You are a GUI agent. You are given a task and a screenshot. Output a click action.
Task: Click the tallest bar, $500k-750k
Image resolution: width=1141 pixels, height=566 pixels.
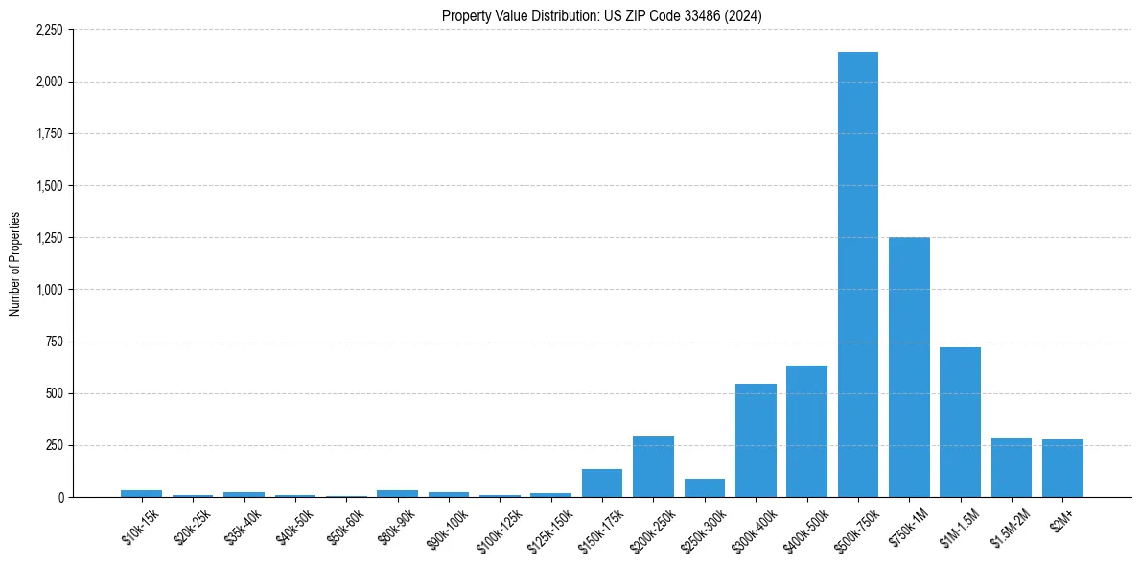[x=857, y=274]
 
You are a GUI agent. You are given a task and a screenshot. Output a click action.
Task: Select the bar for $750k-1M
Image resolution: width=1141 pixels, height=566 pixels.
[x=909, y=366]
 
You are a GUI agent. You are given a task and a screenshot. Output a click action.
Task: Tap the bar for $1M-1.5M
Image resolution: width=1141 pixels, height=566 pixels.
[x=960, y=422]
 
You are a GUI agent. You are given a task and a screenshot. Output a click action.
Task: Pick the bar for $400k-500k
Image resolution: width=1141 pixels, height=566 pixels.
[x=806, y=432]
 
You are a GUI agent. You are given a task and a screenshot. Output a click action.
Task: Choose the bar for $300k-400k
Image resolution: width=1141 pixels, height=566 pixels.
[x=756, y=440]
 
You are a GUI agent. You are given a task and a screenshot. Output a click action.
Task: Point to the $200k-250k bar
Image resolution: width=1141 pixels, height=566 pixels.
[x=653, y=467]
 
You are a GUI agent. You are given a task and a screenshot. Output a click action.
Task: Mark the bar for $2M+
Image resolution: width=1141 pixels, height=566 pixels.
[x=1062, y=468]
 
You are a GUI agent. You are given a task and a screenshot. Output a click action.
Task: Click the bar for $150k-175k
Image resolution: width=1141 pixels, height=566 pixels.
[x=602, y=483]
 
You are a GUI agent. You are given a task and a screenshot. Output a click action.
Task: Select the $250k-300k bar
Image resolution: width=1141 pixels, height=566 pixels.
[x=705, y=487]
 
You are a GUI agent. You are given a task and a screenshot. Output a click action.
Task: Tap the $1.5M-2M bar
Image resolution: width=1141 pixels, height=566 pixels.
[x=1011, y=468]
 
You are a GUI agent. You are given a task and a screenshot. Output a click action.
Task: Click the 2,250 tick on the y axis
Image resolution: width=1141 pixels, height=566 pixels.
[x=49, y=30]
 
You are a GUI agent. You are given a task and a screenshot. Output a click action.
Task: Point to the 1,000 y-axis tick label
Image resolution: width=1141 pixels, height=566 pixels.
[x=49, y=290]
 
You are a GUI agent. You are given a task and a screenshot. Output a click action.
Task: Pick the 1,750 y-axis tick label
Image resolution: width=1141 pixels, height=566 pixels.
[x=49, y=133]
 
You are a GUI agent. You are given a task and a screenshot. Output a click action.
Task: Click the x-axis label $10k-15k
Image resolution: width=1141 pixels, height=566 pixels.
[x=140, y=527]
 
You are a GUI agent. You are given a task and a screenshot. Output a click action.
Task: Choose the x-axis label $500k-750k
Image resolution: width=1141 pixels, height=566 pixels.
[x=856, y=530]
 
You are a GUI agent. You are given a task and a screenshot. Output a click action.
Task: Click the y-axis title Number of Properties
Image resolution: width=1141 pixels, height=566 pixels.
[x=14, y=264]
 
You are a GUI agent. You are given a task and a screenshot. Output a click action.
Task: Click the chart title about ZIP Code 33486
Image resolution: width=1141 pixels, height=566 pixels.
[x=602, y=16]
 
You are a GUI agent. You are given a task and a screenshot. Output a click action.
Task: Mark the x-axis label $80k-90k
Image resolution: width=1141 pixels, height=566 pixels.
[x=396, y=527]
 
